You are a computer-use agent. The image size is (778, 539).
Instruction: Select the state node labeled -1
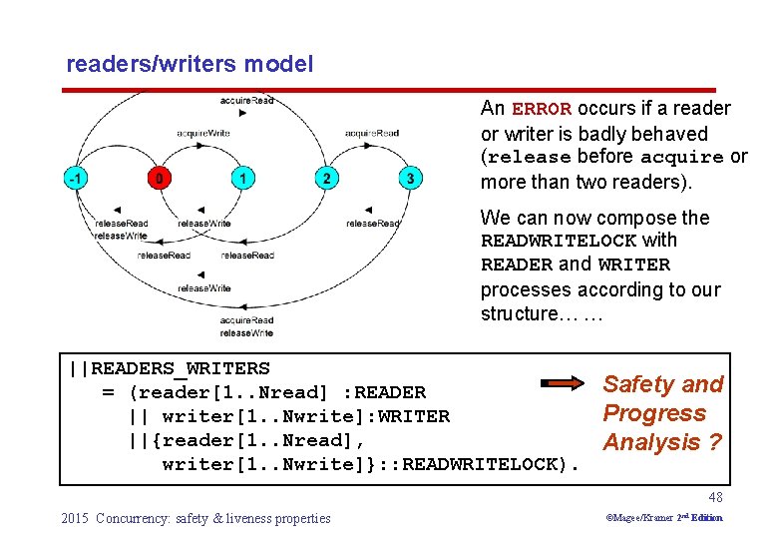click(76, 179)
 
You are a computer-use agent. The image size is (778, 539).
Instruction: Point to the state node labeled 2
click(326, 179)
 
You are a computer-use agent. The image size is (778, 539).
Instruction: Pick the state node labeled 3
click(410, 179)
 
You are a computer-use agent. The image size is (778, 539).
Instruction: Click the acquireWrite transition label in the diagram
click(203, 133)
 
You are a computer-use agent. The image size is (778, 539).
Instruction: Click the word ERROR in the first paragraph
click(541, 109)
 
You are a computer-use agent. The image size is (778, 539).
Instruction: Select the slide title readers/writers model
click(190, 65)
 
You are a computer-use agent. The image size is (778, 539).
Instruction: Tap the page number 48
click(714, 497)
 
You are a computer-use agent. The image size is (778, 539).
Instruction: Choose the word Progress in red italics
click(654, 413)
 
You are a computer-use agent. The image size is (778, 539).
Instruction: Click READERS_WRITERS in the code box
click(181, 369)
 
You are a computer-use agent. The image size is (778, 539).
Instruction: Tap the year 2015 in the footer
click(75, 518)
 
